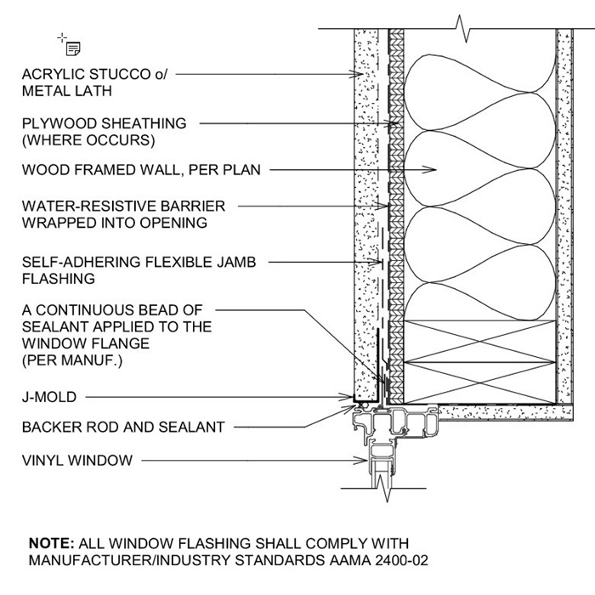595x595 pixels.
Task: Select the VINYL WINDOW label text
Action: [x=77, y=461]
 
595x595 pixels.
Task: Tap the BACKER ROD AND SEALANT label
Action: [x=123, y=428]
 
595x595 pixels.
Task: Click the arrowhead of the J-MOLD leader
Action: [x=351, y=397]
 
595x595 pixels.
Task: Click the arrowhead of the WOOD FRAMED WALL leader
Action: [x=433, y=170]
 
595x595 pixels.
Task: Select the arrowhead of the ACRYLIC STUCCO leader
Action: [x=360, y=75]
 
